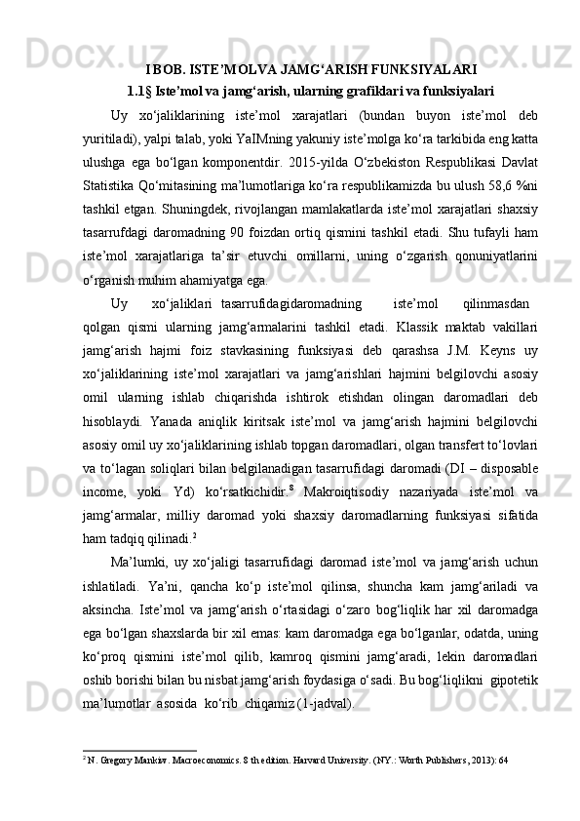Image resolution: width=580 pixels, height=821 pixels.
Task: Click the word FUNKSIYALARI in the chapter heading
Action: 422,69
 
